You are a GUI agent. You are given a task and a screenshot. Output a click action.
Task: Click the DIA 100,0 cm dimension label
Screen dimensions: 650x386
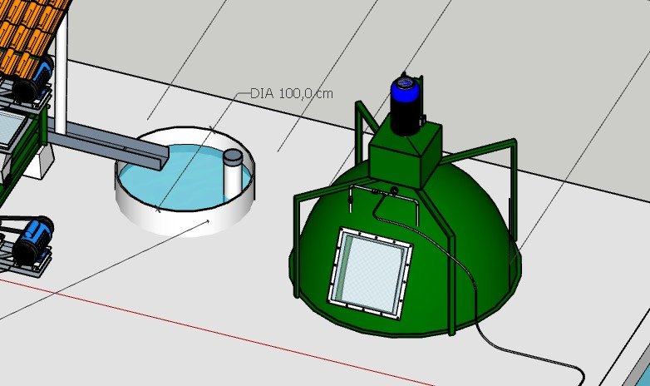pos(292,93)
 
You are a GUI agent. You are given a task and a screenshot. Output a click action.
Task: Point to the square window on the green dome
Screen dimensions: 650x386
pos(370,273)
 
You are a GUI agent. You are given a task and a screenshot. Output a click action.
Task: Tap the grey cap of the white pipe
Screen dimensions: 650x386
pos(232,157)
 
